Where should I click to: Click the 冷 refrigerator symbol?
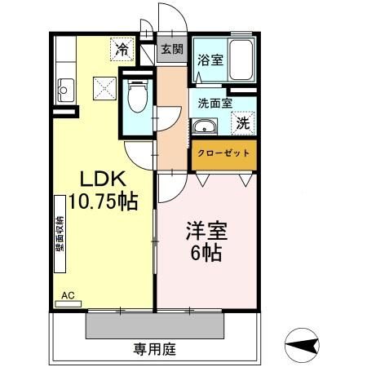pos(122,49)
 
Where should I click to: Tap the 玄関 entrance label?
pos(170,48)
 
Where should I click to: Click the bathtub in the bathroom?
pos(241,59)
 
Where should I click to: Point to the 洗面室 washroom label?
pos(215,104)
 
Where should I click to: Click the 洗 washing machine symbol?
pos(243,124)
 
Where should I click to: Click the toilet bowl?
pos(137,101)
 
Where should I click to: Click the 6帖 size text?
pos(208,251)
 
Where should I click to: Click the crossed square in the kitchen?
pos(104,85)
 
